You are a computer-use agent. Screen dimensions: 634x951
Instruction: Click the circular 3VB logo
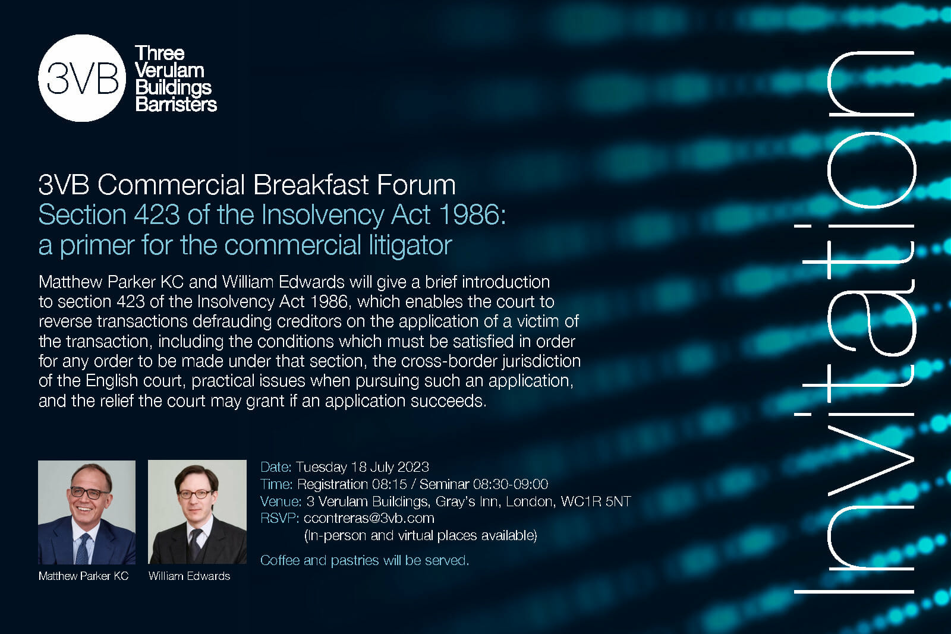click(x=82, y=78)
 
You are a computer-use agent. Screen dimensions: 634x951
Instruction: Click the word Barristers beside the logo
click(x=176, y=105)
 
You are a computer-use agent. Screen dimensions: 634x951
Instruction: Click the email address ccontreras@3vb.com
click(x=369, y=518)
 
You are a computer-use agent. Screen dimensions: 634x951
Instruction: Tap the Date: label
click(x=276, y=467)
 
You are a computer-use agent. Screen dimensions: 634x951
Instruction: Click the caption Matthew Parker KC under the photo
click(x=83, y=576)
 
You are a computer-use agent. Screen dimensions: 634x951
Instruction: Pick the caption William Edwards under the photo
click(x=189, y=576)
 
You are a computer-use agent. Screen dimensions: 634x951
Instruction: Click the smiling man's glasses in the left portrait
click(x=89, y=493)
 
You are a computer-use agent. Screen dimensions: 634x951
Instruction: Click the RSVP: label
click(x=279, y=518)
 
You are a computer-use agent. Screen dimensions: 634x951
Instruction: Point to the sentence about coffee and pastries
click(x=364, y=560)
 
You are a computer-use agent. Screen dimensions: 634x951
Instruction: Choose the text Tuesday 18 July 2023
click(x=362, y=467)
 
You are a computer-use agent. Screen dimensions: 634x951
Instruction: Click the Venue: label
click(x=281, y=501)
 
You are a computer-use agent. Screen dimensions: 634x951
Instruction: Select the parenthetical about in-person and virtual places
click(x=420, y=535)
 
